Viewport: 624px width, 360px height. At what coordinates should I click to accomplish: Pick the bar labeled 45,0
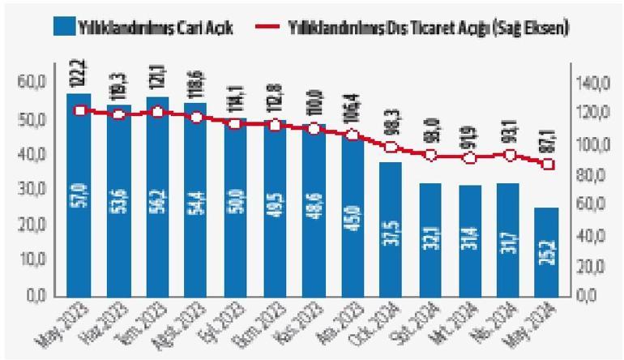point(352,215)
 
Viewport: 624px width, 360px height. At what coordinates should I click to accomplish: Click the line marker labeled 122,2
point(79,110)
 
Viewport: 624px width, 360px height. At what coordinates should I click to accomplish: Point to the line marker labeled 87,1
point(548,164)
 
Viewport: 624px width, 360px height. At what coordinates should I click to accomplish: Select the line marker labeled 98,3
point(391,148)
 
